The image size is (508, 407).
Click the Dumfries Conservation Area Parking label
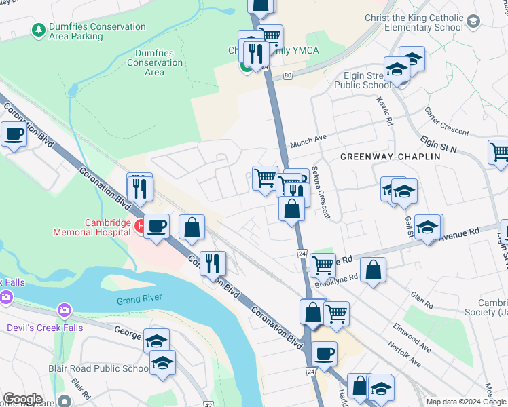point(97,31)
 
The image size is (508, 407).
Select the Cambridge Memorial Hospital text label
point(92,227)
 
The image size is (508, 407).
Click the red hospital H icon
point(139,226)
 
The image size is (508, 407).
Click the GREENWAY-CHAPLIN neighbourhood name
point(390,156)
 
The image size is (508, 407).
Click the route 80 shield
point(289,75)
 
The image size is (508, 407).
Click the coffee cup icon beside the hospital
point(156,226)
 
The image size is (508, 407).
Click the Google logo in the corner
point(22,399)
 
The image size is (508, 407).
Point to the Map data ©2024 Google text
point(466,402)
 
